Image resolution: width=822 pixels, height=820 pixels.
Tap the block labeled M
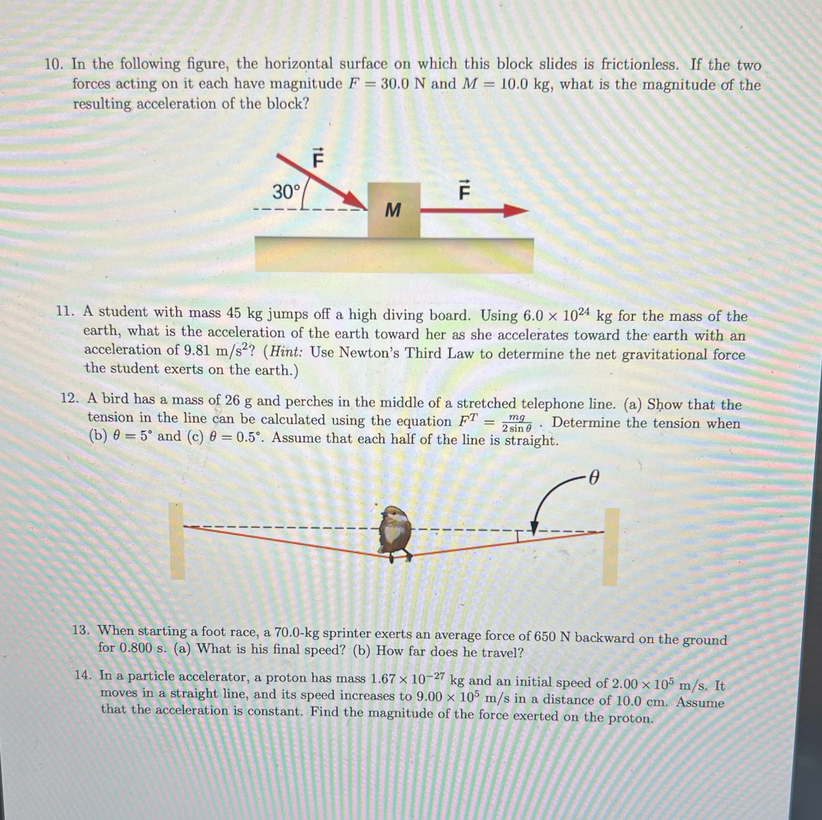point(394,210)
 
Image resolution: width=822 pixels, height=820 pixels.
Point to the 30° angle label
point(286,192)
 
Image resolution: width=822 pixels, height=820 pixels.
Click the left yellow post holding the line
point(177,540)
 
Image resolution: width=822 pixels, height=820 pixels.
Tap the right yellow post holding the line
point(611,546)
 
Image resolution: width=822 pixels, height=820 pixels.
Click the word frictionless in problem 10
point(639,65)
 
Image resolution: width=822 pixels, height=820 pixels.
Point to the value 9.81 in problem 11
point(199,351)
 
